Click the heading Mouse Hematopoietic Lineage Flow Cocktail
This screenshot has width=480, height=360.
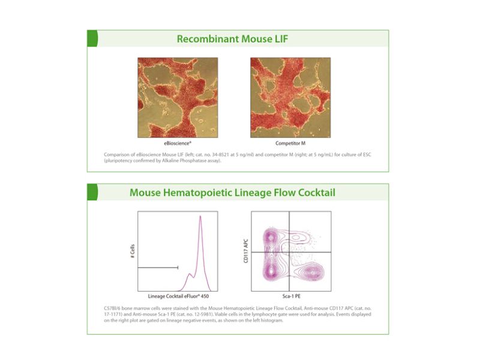click(x=233, y=193)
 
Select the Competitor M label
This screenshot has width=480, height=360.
click(x=290, y=144)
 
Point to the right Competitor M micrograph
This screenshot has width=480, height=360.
click(x=290, y=98)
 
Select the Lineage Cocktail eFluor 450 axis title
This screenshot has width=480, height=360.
click(x=177, y=296)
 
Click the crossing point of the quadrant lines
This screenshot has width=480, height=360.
click(x=290, y=252)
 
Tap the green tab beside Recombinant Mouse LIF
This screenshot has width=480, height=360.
click(x=92, y=38)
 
